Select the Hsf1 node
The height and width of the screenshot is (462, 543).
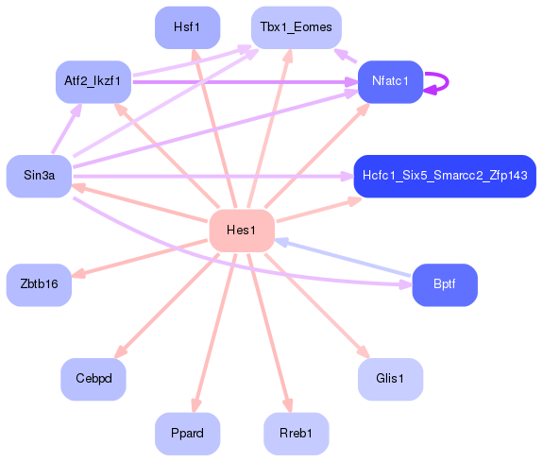pos(187,27)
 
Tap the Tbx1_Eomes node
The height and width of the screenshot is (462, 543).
pos(296,27)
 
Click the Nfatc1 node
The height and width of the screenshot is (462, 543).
pos(390,81)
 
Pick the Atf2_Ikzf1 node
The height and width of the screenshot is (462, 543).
pos(93,81)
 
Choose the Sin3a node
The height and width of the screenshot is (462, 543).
pos(39,177)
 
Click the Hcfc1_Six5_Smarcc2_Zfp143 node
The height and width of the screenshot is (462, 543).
pos(444,177)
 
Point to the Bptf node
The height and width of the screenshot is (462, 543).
pos(444,284)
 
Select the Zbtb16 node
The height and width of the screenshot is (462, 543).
pos(39,284)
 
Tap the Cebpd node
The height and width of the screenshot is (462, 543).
pos(93,379)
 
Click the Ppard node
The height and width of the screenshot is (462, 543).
pos(187,434)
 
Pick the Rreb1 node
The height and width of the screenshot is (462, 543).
pos(296,434)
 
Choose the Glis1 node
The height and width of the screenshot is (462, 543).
pos(390,379)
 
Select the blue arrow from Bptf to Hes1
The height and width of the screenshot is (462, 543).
pos(345,260)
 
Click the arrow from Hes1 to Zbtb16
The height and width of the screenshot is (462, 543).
pos(142,257)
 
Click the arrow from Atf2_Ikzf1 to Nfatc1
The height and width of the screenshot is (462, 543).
pos(246,82)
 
